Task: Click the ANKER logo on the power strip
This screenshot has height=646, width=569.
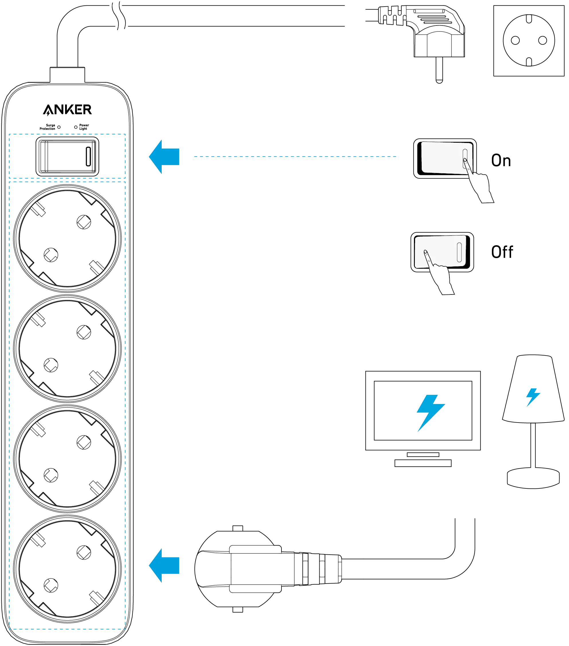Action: pyautogui.click(x=67, y=110)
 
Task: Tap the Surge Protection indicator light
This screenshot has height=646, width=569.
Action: pyautogui.click(x=59, y=127)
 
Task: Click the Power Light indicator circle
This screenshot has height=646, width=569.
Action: pyautogui.click(x=76, y=127)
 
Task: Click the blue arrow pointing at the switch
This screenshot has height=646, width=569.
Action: pyautogui.click(x=164, y=157)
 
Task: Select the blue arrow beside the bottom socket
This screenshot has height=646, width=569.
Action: pyautogui.click(x=164, y=566)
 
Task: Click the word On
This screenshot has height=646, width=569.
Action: pyautogui.click(x=501, y=160)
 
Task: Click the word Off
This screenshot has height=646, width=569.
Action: pyautogui.click(x=502, y=252)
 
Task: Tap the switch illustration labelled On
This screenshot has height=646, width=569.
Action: pyautogui.click(x=445, y=158)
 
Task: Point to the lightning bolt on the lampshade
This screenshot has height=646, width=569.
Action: pyautogui.click(x=533, y=397)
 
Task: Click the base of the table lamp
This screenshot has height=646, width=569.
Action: pyautogui.click(x=533, y=478)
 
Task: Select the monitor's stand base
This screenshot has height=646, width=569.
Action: pyautogui.click(x=423, y=463)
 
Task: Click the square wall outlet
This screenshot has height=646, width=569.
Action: pyautogui.click(x=529, y=41)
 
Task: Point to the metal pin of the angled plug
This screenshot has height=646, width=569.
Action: pyautogui.click(x=439, y=70)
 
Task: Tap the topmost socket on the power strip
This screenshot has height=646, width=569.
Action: pyautogui.click(x=67, y=238)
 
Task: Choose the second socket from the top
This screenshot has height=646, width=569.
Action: pyautogui.click(x=67, y=348)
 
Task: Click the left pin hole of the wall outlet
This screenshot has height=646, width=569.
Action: pyautogui.click(x=515, y=40)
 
